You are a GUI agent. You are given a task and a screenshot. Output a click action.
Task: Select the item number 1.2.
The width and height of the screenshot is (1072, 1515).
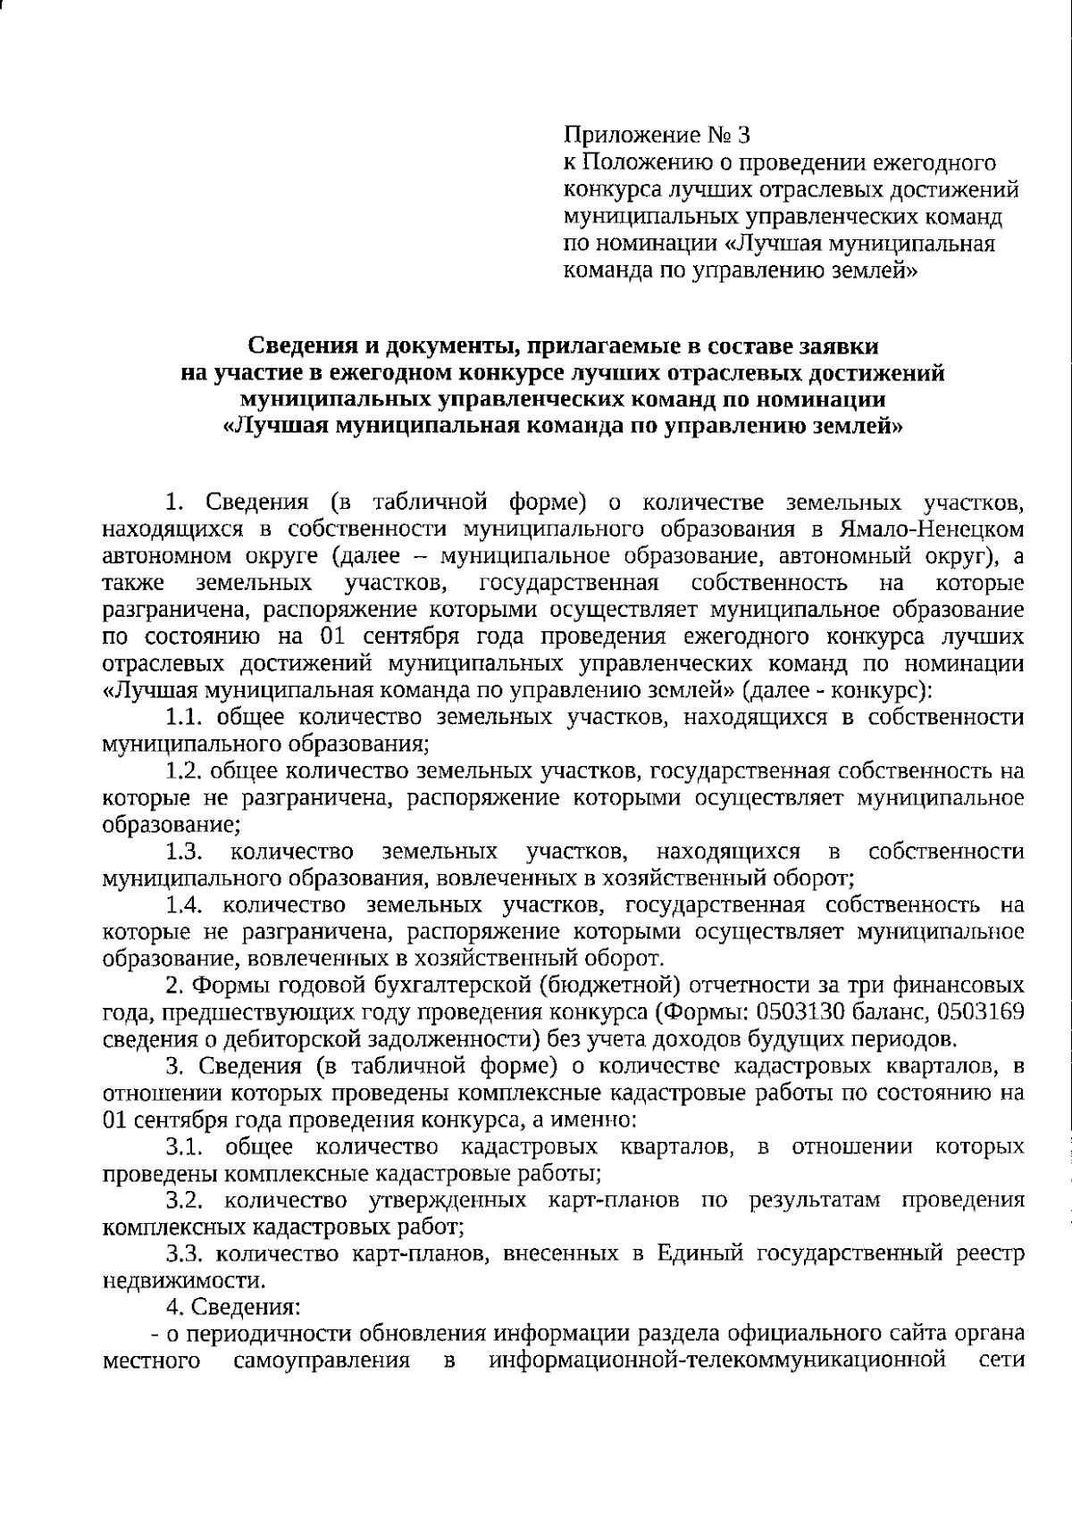point(186,770)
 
